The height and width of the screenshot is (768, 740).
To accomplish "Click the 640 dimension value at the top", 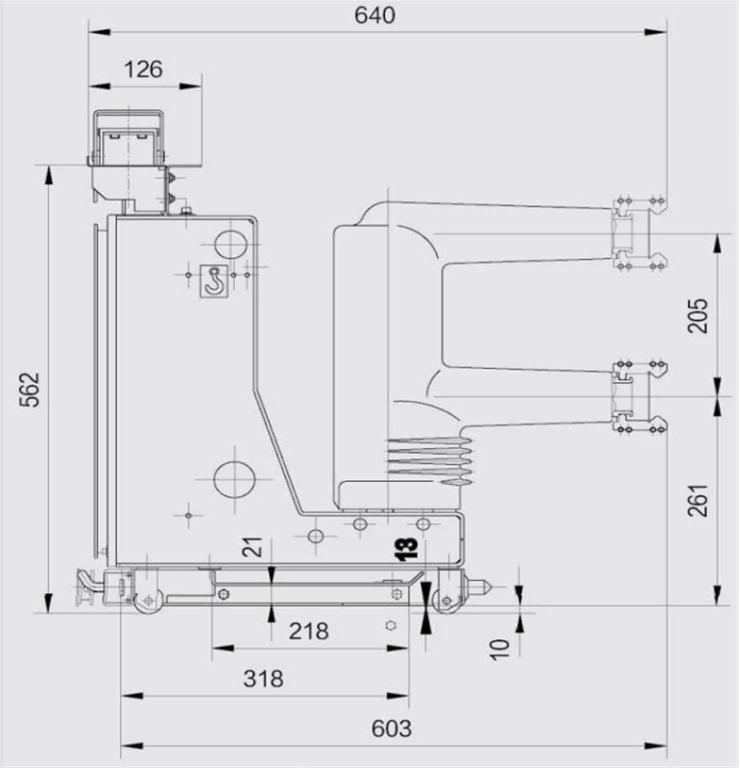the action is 374,15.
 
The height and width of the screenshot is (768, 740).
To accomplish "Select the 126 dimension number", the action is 143,69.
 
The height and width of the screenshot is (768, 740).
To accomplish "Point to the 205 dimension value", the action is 698,316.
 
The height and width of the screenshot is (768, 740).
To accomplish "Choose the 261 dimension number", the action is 698,500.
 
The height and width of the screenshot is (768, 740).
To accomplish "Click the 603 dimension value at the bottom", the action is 392,729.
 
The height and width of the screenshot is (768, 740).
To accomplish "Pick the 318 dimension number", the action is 264,679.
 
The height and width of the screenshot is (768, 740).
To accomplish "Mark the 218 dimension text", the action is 308,631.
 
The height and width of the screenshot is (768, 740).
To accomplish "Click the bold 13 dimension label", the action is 407,548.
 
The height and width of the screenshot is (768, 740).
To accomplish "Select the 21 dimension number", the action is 253,547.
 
